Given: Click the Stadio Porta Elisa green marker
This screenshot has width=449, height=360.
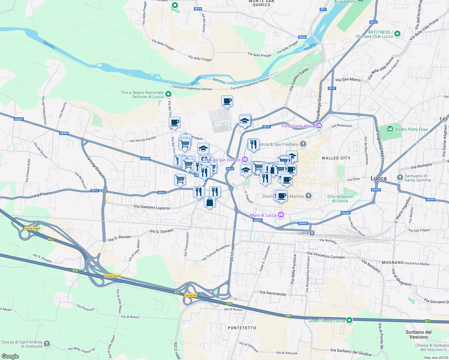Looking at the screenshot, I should (390, 129).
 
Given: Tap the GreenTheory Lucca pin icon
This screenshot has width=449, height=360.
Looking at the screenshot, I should (349, 320).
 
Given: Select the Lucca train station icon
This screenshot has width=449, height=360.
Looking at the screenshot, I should (312, 233).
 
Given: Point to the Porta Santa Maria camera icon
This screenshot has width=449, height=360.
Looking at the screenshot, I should (319, 126).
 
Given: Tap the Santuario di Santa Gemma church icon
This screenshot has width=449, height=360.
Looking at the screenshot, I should (400, 178).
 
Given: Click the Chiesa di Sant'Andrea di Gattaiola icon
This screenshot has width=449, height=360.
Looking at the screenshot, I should (47, 344).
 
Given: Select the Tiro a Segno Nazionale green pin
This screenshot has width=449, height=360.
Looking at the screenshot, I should (168, 94).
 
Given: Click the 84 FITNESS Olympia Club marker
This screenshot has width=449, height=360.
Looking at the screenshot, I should (397, 34).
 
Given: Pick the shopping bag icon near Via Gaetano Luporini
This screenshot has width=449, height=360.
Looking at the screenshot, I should (209, 202).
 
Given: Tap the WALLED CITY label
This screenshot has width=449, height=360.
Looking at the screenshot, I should (336, 158).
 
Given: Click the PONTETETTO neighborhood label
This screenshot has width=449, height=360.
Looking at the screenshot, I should (242, 328).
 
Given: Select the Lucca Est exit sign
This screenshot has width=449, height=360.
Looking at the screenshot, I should (191, 295).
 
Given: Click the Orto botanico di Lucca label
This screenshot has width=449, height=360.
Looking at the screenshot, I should (340, 199).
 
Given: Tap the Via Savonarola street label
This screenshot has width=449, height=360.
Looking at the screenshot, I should (273, 293).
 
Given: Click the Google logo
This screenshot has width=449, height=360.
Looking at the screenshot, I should (10, 356).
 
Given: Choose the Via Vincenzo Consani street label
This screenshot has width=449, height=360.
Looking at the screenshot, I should (326, 255).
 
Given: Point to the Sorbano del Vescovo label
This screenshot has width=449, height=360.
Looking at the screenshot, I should (418, 334).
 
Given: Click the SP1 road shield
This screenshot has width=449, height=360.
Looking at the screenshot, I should (323, 9).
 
